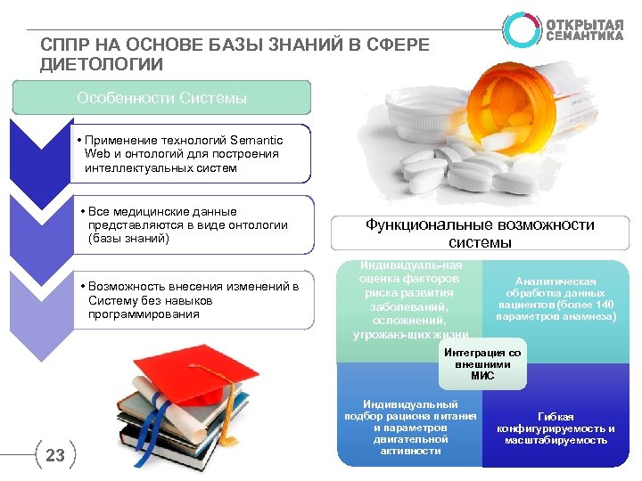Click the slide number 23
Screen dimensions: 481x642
point(55,456)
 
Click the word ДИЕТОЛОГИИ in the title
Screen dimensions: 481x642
point(102,64)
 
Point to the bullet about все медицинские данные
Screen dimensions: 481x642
point(187,225)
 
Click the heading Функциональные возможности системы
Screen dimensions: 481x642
point(480,234)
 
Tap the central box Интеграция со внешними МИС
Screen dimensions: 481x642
point(481,364)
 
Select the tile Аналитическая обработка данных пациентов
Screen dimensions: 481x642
point(556,298)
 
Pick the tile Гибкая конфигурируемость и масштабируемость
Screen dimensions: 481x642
point(556,428)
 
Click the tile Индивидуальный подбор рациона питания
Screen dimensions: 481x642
point(411,427)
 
